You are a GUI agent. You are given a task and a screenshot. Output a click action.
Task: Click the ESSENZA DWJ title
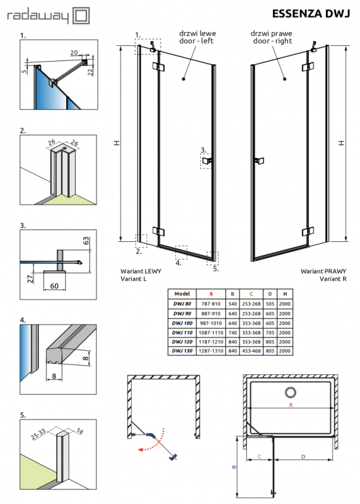[311, 13]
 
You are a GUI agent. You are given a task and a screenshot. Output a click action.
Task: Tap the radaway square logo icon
[81, 16]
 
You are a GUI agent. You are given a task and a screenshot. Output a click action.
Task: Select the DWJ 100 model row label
[182, 323]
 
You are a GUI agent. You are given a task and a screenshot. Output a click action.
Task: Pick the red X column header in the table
[211, 294]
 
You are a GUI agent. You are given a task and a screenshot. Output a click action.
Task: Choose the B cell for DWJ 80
[233, 304]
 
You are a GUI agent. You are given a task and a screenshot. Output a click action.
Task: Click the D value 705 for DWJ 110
[270, 333]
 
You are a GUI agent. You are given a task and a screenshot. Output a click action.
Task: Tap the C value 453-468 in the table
[252, 351]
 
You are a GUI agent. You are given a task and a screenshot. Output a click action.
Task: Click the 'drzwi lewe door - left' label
[197, 37]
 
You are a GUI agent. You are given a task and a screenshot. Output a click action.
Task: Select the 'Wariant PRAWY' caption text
[323, 272]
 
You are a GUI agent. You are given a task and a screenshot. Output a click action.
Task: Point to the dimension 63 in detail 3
[86, 241]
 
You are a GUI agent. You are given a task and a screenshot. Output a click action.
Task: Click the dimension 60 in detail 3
[54, 286]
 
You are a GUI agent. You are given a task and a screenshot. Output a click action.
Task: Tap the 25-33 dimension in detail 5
[38, 434]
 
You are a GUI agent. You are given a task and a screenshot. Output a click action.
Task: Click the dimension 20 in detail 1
[74, 52]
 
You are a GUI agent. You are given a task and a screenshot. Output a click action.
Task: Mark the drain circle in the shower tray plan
[291, 392]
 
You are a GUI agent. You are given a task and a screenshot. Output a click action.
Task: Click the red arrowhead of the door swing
[140, 450]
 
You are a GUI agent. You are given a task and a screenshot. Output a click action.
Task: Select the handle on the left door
[207, 160]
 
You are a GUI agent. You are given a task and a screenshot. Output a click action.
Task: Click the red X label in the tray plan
[291, 404]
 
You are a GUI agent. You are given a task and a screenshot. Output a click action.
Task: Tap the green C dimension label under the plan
[260, 456]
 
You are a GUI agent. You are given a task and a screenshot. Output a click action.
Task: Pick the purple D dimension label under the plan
[303, 456]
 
